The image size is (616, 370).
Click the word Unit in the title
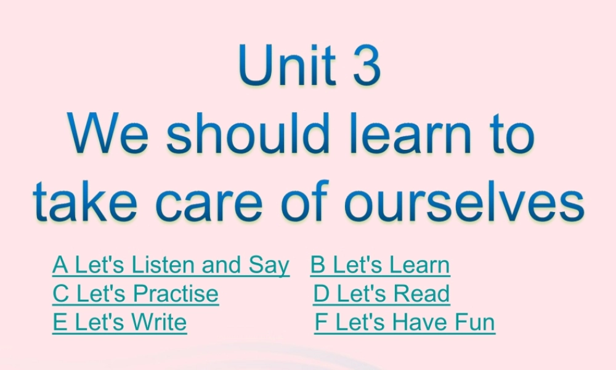pyautogui.click(x=287, y=65)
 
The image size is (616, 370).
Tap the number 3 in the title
pyautogui.click(x=367, y=65)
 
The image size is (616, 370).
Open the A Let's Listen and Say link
pyautogui.click(x=171, y=265)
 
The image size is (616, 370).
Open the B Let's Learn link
pyautogui.click(x=380, y=265)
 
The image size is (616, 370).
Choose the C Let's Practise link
pyautogui.click(x=136, y=294)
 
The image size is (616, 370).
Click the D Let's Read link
pyautogui.click(x=381, y=294)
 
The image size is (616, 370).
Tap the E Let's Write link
pyautogui.click(x=120, y=322)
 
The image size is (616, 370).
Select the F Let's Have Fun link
pyautogui.click(x=405, y=322)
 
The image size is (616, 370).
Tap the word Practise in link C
pyautogui.click(x=176, y=294)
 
